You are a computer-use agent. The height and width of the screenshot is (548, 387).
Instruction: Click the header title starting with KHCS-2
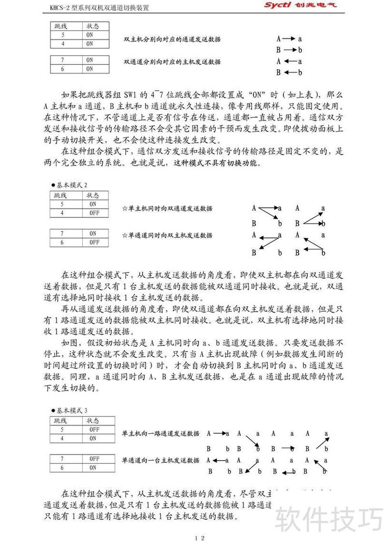[x=92, y=8]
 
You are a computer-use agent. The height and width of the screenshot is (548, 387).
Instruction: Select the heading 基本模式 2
[x=72, y=185]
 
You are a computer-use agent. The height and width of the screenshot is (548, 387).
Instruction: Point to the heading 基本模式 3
[x=72, y=411]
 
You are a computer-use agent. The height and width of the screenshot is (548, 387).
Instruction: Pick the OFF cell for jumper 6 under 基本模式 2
[x=94, y=242]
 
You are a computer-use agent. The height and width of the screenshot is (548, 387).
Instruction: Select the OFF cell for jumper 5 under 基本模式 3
[x=94, y=429]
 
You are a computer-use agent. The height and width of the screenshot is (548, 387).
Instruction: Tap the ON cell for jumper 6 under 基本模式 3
[x=94, y=468]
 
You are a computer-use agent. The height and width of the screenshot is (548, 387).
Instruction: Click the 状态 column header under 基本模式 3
[x=93, y=420]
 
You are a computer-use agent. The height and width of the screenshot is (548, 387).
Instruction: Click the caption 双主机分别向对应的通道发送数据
[x=172, y=39]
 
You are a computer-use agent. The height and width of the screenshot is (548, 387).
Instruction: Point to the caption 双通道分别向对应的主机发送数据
[x=172, y=62]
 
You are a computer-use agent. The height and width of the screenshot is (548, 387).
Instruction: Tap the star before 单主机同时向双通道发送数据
[x=124, y=209]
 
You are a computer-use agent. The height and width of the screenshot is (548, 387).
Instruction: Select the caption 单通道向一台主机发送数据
[x=160, y=460]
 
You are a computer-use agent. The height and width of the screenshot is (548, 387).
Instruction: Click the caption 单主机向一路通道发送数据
[x=160, y=433]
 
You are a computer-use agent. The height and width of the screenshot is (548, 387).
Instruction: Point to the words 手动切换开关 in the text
[x=78, y=140]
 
